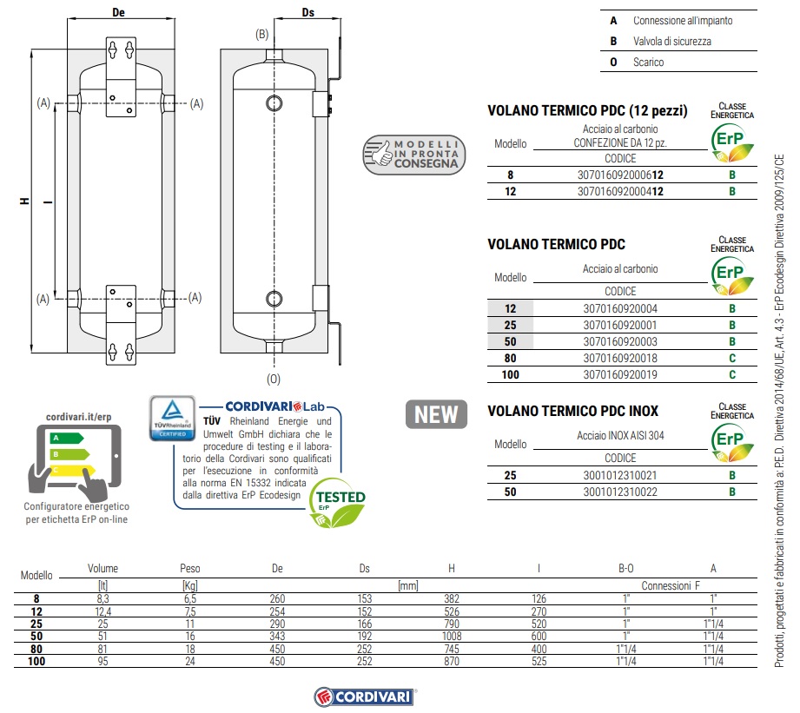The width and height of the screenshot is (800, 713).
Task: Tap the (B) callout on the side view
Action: pyautogui.click(x=261, y=35)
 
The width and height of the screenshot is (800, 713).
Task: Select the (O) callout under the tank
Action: pyautogui.click(x=274, y=379)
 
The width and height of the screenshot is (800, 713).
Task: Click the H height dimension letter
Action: pyautogui.click(x=25, y=201)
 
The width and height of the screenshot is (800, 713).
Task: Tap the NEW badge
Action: pyautogui.click(x=435, y=415)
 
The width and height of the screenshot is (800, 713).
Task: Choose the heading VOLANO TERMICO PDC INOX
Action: pyautogui.click(x=572, y=411)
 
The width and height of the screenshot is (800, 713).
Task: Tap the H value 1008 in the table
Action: pyautogui.click(x=451, y=636)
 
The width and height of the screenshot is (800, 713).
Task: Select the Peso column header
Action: pyautogui.click(x=189, y=569)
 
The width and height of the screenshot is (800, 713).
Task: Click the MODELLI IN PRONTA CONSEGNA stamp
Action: pyautogui.click(x=414, y=153)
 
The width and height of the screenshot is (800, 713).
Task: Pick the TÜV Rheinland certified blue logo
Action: pyautogui.click(x=172, y=419)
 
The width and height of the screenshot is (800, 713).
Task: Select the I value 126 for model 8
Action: pyautogui.click(x=539, y=599)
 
